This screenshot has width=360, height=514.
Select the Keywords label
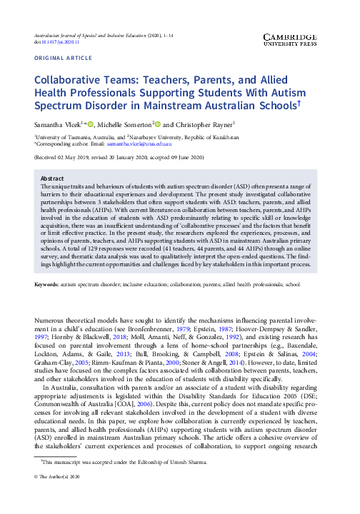point(46,285)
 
